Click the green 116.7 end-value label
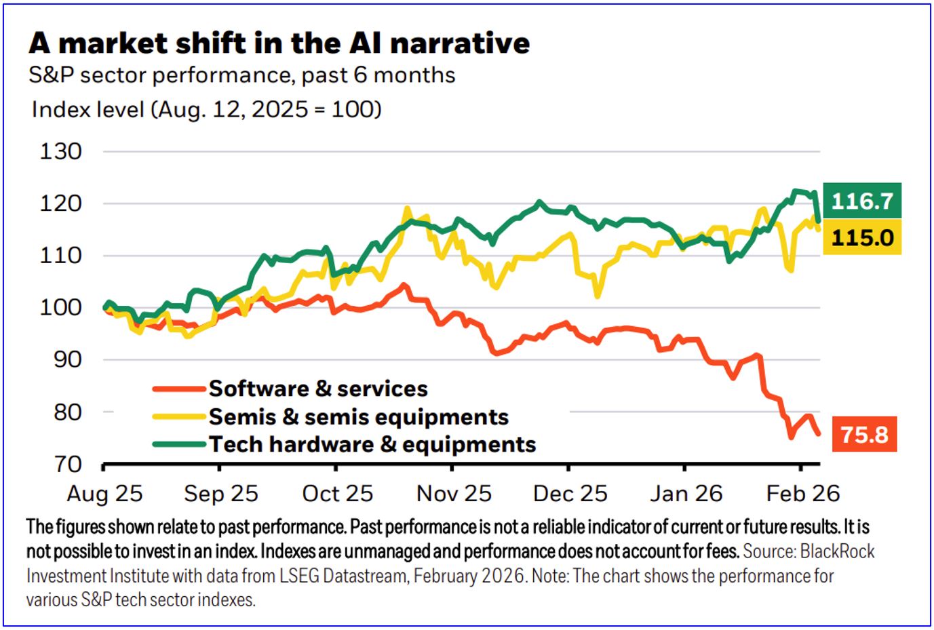coord(862,201)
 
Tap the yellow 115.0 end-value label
coord(862,238)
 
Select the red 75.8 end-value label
coord(864,434)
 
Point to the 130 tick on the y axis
coord(61,151)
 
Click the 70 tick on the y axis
coord(68,465)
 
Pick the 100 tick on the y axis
coord(61,307)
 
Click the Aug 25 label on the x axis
coord(104,494)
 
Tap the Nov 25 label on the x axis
coord(454,494)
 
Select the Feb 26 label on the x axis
coord(803,494)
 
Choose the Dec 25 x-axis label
coord(570,494)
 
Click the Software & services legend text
coord(318,389)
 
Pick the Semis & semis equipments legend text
coord(358,416)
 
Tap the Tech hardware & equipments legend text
coord(372,444)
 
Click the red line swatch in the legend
coord(179,389)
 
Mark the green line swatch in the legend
coord(179,444)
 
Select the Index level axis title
coord(206,109)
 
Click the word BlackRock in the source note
coord(837,551)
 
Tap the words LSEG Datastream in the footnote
coord(343,576)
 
